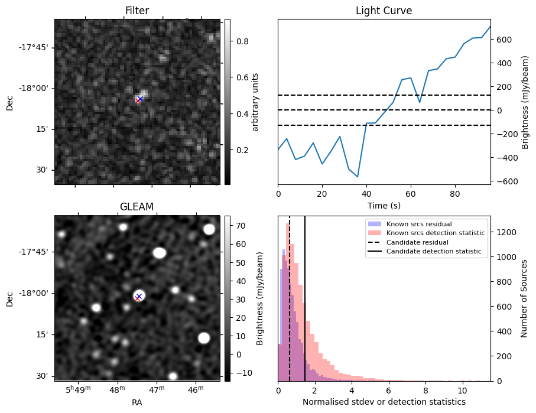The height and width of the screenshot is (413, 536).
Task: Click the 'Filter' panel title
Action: pyautogui.click(x=137, y=11)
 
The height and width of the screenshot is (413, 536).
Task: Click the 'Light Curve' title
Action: pyautogui.click(x=384, y=11)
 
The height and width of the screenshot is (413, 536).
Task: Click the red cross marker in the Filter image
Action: pyautogui.click(x=138, y=100)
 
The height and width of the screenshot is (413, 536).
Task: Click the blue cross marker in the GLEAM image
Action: pyautogui.click(x=139, y=296)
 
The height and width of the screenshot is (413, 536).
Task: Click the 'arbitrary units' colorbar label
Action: pyautogui.click(x=255, y=102)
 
